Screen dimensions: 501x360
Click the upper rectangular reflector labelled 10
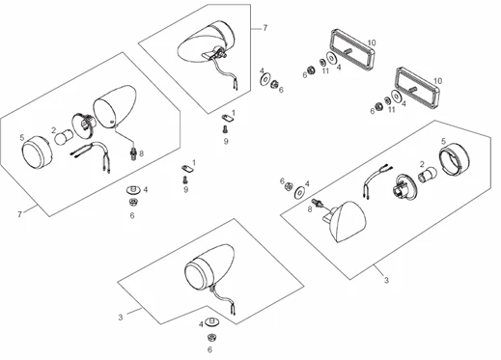tap(351, 49)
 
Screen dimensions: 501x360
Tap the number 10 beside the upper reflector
tap(372, 42)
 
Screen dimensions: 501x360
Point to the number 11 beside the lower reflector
tap(391, 110)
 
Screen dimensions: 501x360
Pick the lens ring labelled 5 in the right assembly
tap(454, 158)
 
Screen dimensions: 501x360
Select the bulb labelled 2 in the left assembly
tap(64, 137)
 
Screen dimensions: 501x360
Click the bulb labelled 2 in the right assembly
tap(428, 176)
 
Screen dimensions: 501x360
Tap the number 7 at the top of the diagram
tap(264, 28)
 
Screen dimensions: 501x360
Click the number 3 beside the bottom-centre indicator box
tap(121, 318)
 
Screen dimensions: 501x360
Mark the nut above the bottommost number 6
tap(211, 338)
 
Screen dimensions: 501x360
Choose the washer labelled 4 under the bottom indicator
tap(211, 321)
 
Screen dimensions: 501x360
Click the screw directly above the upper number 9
tap(225, 130)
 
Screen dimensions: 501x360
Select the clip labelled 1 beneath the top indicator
tap(228, 118)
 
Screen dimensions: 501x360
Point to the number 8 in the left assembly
tap(142, 153)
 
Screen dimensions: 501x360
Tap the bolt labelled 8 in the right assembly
tap(317, 203)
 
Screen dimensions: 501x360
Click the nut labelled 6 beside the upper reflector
tap(311, 69)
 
